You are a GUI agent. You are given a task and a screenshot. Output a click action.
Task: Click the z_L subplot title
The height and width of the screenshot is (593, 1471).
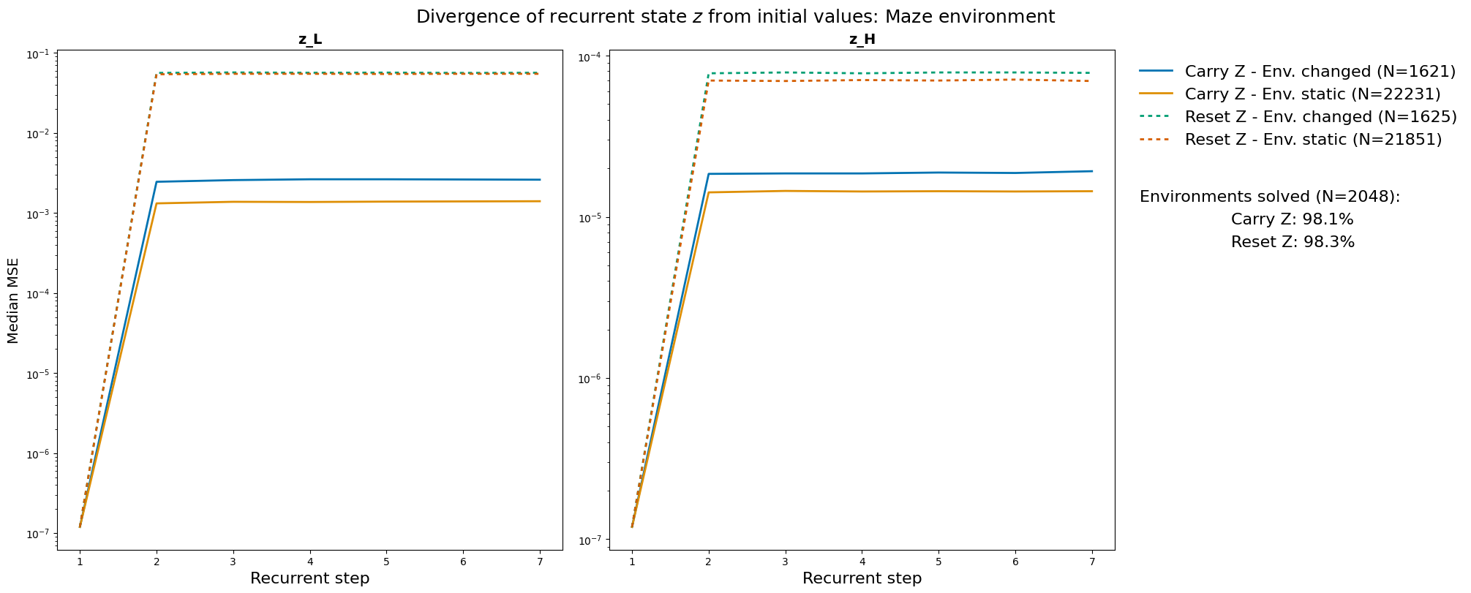coord(309,40)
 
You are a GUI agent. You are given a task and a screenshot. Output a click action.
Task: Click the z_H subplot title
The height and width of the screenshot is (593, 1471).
coord(862,40)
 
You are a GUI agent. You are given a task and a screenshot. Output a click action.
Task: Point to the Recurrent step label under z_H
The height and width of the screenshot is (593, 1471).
coord(862,578)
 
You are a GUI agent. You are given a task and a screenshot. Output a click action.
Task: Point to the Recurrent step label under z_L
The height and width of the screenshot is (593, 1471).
coord(309,578)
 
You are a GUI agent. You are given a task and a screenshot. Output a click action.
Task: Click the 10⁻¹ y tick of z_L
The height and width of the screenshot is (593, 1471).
coord(37,54)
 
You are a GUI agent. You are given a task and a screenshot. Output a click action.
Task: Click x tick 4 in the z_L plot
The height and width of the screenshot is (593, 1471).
coord(309,559)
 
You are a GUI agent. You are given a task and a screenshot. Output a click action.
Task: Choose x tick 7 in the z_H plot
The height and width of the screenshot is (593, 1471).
coord(1091,559)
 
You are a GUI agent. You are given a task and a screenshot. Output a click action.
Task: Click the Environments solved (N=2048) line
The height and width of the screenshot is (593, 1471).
coord(1269,197)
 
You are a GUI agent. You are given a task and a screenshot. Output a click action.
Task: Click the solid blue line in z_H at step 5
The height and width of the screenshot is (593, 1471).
coord(938,173)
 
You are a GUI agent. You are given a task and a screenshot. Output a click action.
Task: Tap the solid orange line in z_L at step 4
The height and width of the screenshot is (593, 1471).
coord(309,202)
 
